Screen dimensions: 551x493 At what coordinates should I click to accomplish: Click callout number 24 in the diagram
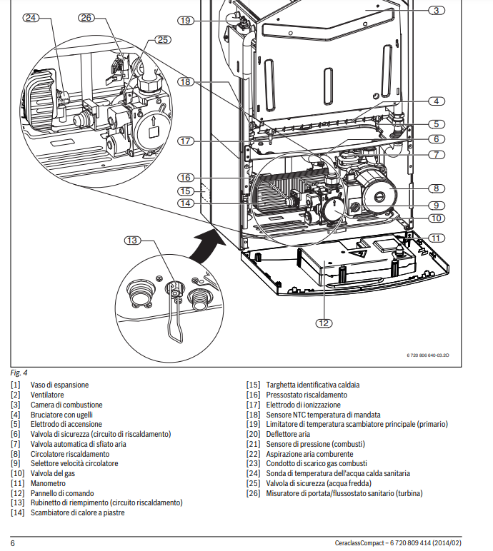(x=30, y=18)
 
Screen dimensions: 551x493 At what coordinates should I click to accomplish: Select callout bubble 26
(x=86, y=18)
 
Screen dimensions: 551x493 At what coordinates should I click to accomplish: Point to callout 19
(x=186, y=21)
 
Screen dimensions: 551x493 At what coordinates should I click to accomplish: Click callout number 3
(x=437, y=11)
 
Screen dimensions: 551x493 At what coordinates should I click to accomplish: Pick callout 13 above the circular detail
(x=132, y=240)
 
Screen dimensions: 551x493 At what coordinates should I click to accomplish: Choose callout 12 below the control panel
(x=324, y=323)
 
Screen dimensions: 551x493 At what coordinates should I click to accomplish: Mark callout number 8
(x=437, y=188)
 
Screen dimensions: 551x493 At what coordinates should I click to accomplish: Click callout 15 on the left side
(x=185, y=191)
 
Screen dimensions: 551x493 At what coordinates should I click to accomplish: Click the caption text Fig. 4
(x=19, y=373)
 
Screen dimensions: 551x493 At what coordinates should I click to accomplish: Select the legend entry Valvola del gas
(x=53, y=473)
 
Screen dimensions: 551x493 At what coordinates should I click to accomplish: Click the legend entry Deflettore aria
(x=288, y=434)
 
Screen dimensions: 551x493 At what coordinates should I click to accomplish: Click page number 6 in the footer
(x=13, y=543)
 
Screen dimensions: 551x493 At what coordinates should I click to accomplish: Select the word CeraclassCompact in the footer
(x=362, y=543)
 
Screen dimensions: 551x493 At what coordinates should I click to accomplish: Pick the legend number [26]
(x=253, y=493)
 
